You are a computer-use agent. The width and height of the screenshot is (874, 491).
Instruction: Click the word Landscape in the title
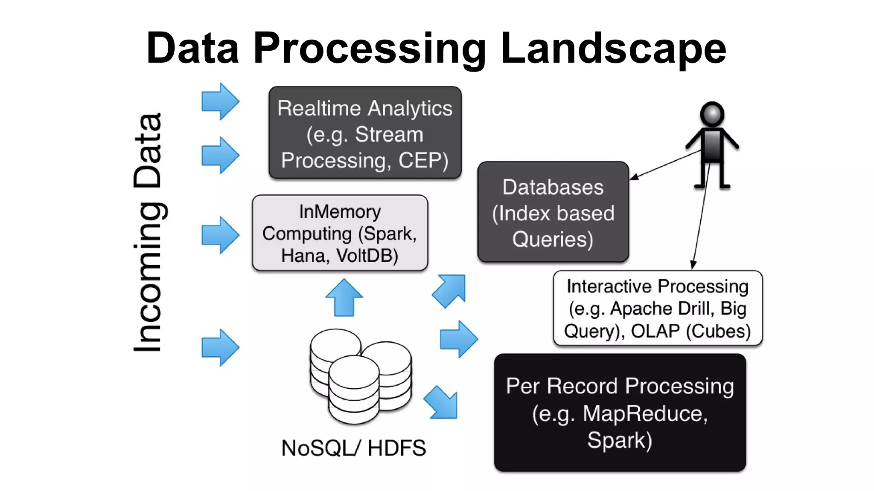pos(613,49)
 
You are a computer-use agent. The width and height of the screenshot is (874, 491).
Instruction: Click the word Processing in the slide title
pos(369,49)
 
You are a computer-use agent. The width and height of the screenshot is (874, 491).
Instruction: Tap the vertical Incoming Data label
pos(147,232)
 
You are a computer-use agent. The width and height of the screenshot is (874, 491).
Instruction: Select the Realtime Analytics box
pos(365,133)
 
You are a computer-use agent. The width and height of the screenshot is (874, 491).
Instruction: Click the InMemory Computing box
pos(340,233)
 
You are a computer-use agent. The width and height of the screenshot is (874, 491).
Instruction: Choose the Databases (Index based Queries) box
pos(553,212)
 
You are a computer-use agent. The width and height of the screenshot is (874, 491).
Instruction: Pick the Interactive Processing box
pos(657,308)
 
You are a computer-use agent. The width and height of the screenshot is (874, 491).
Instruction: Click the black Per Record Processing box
pos(620,412)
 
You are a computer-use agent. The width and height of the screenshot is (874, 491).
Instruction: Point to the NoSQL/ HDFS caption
pos(353,448)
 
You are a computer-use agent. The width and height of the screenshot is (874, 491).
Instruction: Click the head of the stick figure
pos(712,114)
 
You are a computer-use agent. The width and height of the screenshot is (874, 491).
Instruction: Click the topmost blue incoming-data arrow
pos(220,101)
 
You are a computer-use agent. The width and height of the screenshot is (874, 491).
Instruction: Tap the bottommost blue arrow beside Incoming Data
pos(220,347)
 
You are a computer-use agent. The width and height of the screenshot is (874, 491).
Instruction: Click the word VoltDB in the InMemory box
pos(367,256)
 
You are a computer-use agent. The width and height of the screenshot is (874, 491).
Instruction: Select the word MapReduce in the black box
pos(644,413)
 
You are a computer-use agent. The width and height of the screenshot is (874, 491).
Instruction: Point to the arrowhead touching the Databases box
pos(634,177)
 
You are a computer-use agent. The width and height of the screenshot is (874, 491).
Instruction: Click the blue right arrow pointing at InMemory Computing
pos(220,235)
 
